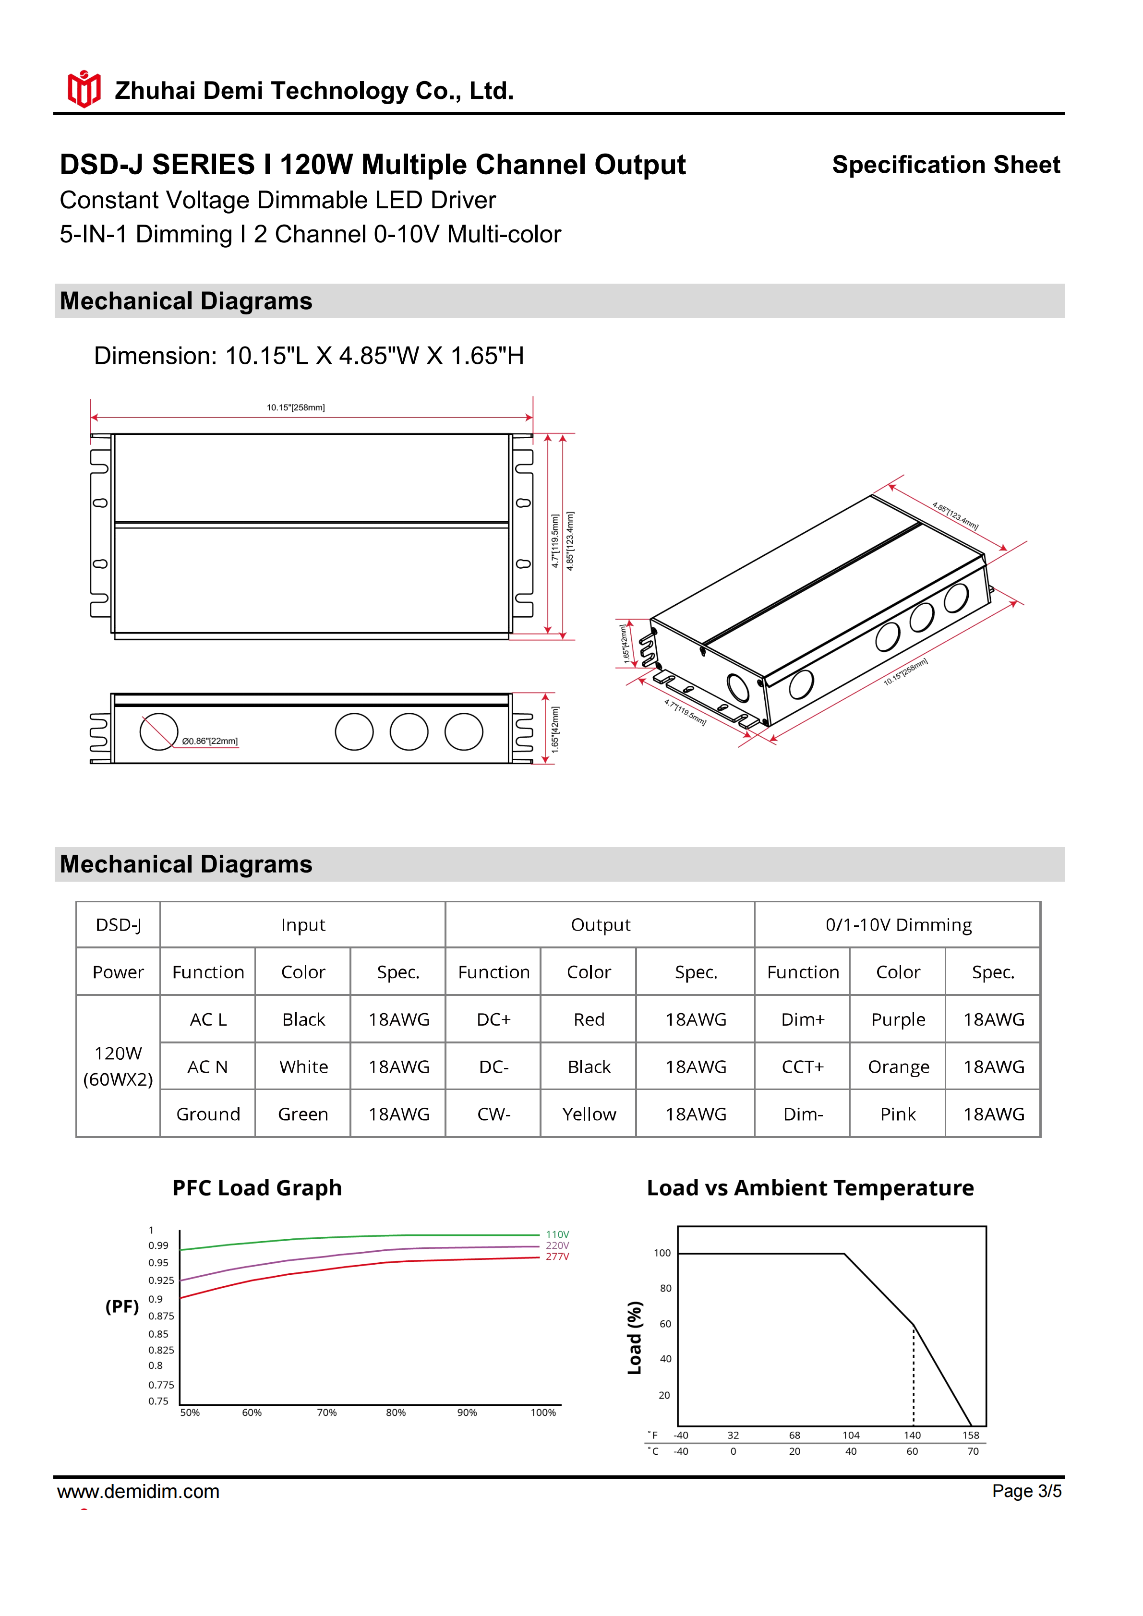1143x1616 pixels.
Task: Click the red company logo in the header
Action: point(84,89)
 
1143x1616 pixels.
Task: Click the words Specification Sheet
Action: point(945,165)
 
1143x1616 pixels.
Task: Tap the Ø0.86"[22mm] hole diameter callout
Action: point(210,741)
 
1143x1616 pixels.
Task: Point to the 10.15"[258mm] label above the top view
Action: point(296,407)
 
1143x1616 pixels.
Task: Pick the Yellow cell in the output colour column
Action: point(589,1114)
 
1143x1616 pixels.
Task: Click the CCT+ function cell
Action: point(802,1067)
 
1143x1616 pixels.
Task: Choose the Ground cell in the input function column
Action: point(208,1114)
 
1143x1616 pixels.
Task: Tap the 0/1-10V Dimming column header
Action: point(898,925)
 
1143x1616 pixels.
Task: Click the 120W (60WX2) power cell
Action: point(118,1066)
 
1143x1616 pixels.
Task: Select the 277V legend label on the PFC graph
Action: point(557,1257)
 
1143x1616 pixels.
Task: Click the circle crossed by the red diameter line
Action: point(158,732)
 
